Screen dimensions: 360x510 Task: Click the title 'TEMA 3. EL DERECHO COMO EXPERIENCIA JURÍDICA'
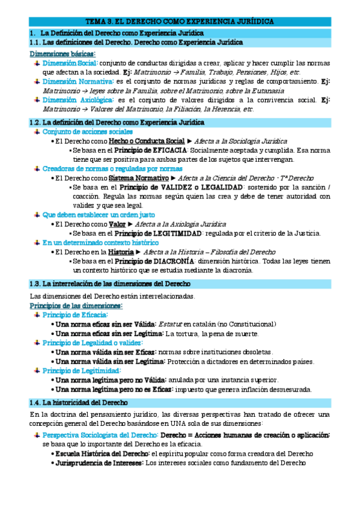click(180, 22)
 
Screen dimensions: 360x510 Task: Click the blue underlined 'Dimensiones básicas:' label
click(62, 54)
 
